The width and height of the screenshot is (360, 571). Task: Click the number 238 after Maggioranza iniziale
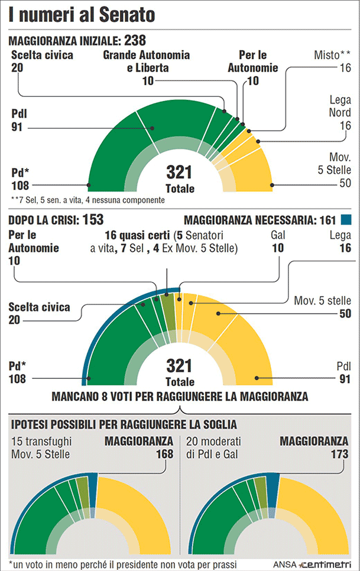[x=135, y=41]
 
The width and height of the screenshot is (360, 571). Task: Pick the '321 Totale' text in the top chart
[x=180, y=179]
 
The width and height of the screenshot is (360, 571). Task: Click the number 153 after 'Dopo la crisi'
[x=93, y=220]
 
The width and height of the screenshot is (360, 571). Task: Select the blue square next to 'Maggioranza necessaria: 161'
[x=346, y=220]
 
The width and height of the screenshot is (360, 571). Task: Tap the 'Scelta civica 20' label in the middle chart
[x=39, y=313]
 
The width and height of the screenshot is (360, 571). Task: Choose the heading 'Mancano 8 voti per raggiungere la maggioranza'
[x=180, y=395]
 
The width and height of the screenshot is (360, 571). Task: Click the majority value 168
[x=163, y=454]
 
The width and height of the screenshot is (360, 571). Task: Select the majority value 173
[x=339, y=454]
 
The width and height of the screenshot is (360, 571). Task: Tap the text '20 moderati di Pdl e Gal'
[x=216, y=447]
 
